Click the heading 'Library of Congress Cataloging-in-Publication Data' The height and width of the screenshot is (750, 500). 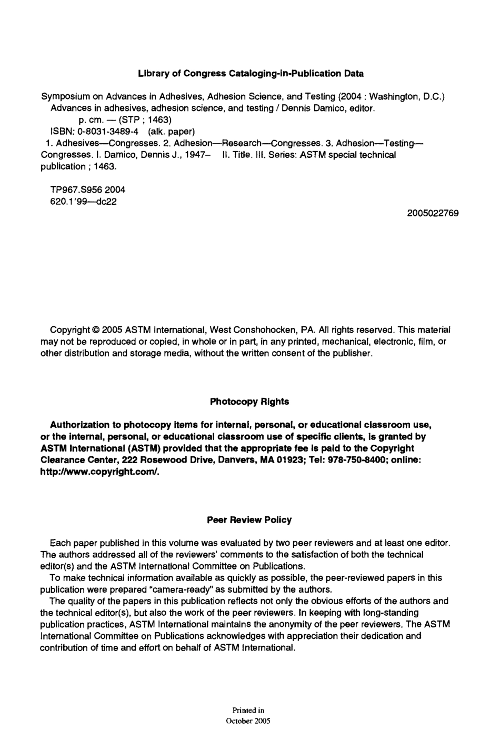click(x=251, y=73)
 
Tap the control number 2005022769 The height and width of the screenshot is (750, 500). click(x=433, y=213)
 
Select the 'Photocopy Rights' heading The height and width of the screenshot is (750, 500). click(x=249, y=402)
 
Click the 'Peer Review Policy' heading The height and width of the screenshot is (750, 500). click(x=249, y=520)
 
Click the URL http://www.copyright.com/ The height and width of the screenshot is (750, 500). click(x=99, y=472)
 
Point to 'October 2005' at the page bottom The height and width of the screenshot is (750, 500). click(x=248, y=721)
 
